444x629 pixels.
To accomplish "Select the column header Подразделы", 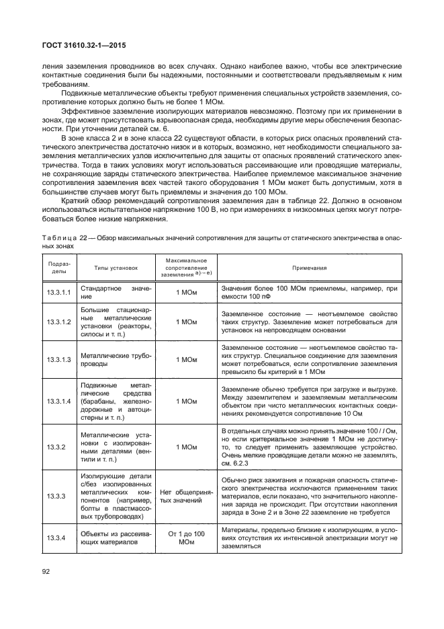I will coord(55,267).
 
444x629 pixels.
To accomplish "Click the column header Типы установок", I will coord(115,268).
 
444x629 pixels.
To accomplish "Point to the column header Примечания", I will coord(309,268).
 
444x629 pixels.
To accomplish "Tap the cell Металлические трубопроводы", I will coord(116,359).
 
